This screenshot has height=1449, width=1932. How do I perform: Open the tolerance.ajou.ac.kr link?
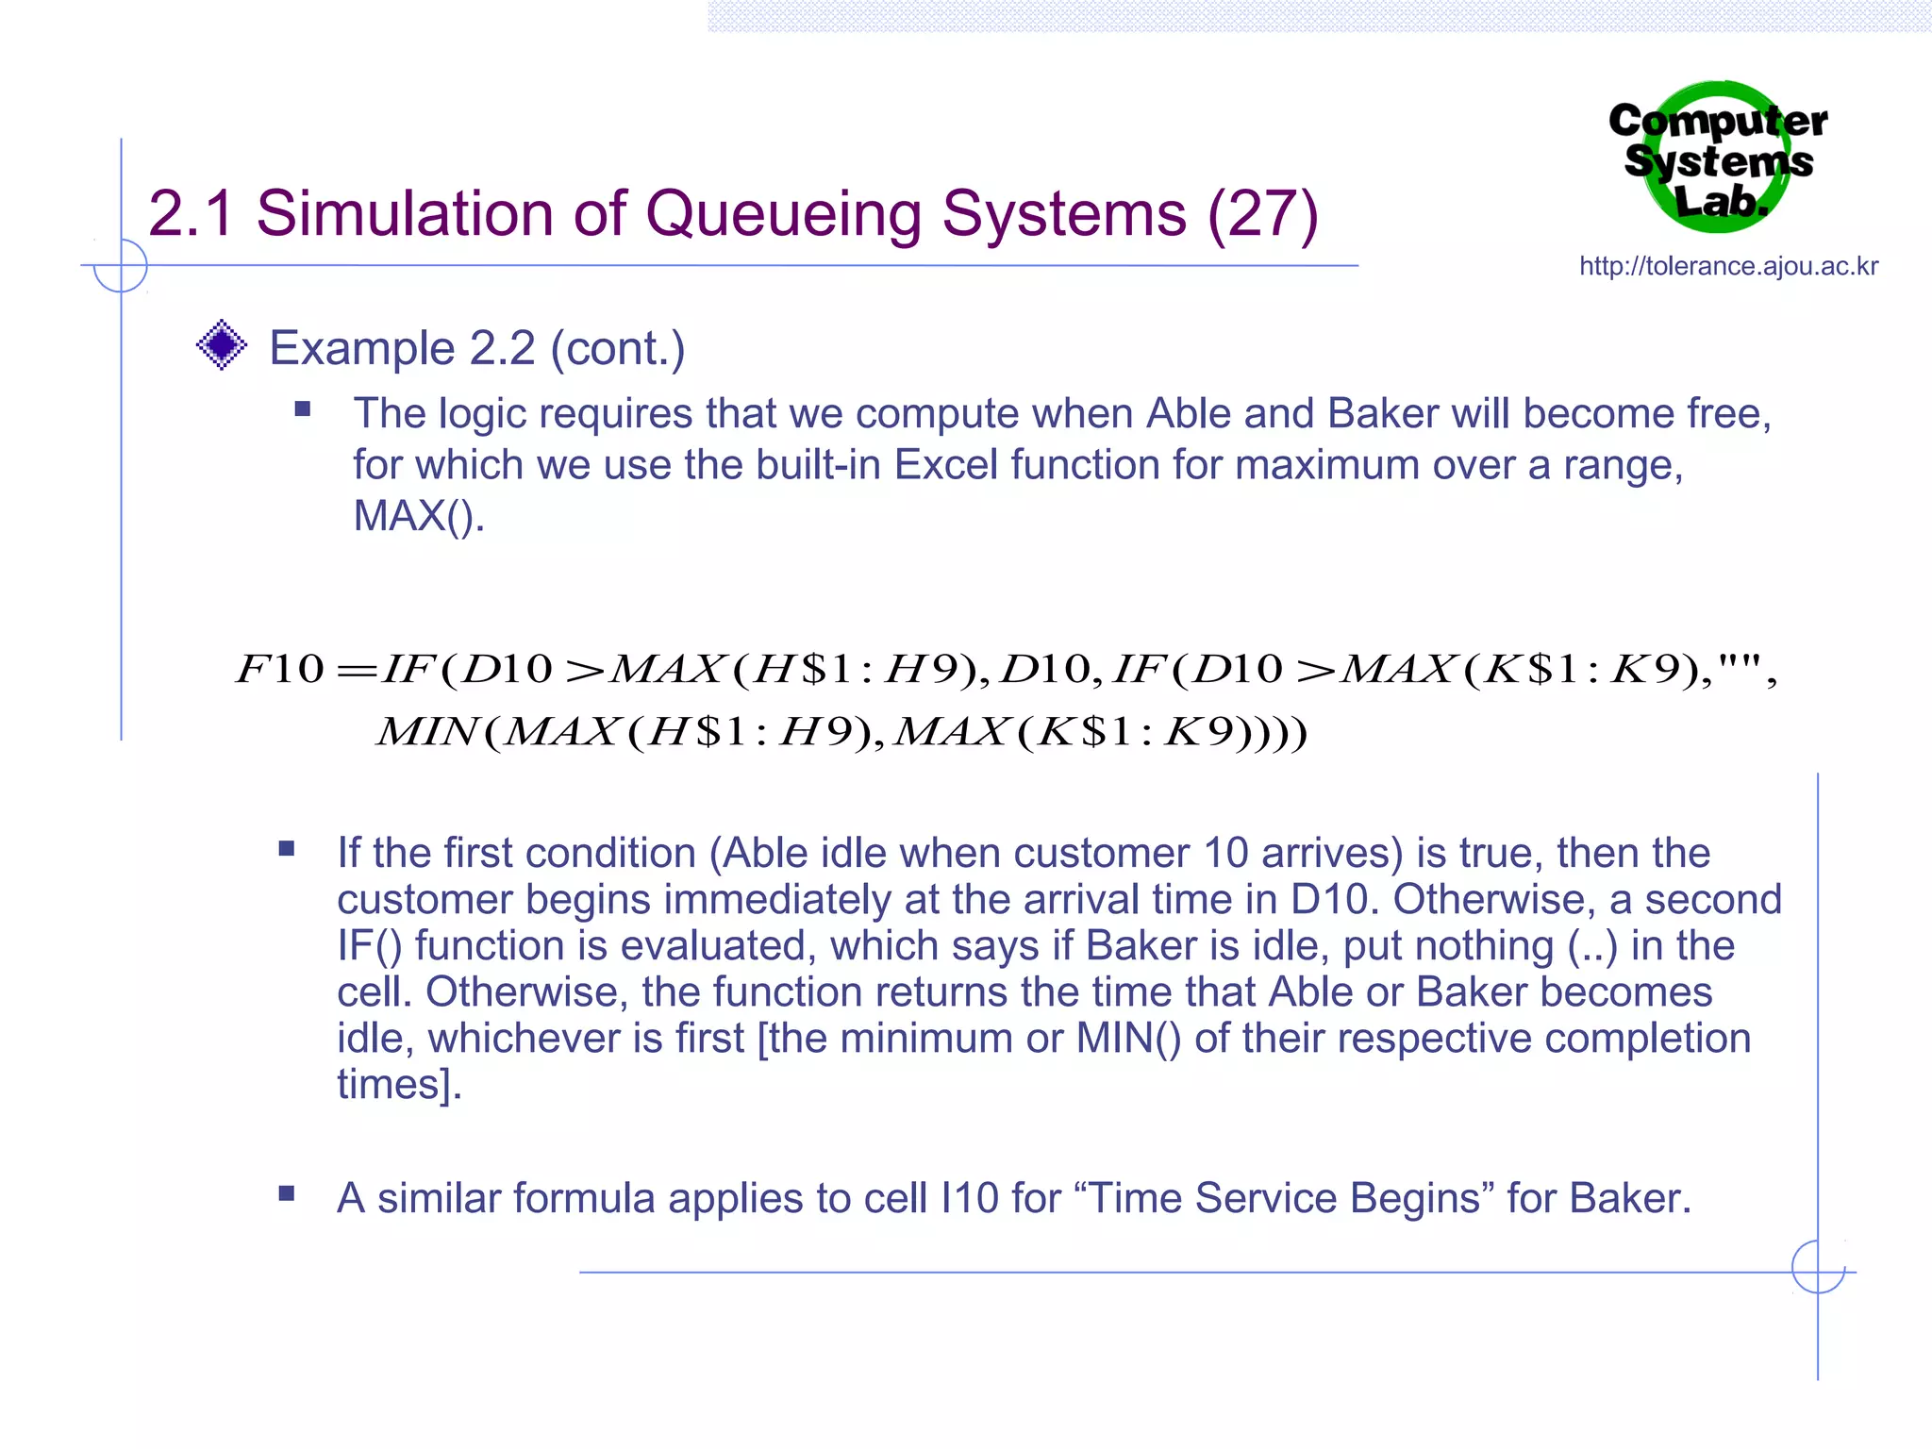(x=1728, y=267)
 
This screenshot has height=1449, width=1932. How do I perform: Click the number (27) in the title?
(x=1262, y=214)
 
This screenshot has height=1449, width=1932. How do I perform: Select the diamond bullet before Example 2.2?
(x=222, y=345)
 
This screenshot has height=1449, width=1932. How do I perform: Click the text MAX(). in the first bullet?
(x=418, y=516)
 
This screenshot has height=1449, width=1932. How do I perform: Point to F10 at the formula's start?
(x=280, y=669)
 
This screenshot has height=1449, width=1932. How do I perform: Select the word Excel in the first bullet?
(x=945, y=465)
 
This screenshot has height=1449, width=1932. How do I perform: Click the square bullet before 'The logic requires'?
(x=302, y=409)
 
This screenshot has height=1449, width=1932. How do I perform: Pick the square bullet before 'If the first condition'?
(x=287, y=849)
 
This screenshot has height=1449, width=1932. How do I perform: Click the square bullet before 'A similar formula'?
(x=287, y=1194)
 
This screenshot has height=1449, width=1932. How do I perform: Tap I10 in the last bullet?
(x=970, y=1198)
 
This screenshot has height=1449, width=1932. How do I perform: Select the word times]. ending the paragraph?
(x=399, y=1085)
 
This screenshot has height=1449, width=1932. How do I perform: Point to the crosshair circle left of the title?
(x=121, y=266)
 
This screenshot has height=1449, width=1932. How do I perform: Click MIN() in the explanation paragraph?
(x=1128, y=1039)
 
